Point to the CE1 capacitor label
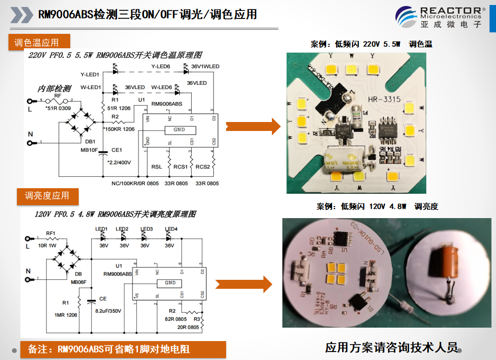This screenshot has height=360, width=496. pyautogui.click(x=117, y=150)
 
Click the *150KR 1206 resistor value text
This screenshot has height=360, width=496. pyautogui.click(x=119, y=129)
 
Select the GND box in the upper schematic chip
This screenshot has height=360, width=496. pyautogui.click(x=179, y=129)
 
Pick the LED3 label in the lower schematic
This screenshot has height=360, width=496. pyautogui.click(x=146, y=229)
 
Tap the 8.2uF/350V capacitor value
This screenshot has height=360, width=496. pyautogui.click(x=108, y=311)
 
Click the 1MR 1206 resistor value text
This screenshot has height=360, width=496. pyautogui.click(x=66, y=315)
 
